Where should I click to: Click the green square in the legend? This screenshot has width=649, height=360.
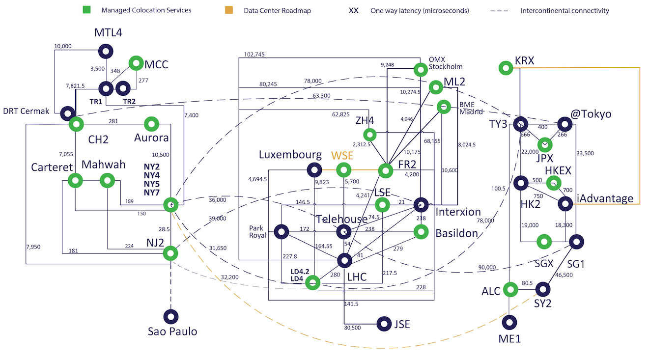point(86,10)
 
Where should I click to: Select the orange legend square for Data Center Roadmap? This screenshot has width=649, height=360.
point(229,10)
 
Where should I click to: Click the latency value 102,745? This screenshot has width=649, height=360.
point(254,54)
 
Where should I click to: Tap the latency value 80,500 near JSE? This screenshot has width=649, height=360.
point(352,328)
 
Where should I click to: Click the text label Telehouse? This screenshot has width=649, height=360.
point(341,219)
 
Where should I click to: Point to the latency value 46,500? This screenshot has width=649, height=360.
point(564,275)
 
